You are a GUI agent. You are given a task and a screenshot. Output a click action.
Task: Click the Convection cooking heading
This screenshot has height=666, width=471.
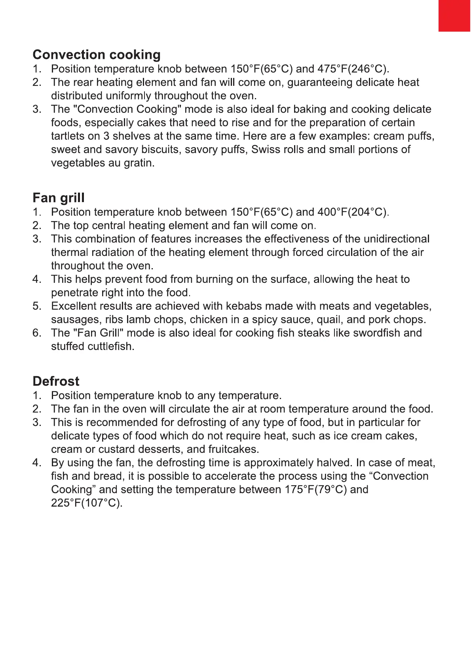[x=97, y=55]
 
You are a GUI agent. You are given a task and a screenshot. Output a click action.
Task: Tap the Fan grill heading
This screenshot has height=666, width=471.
[x=59, y=198]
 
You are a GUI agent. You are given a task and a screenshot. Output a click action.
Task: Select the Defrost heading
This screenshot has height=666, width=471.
[x=56, y=381]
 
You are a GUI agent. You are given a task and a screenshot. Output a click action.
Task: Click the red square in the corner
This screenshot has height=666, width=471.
[x=454, y=15]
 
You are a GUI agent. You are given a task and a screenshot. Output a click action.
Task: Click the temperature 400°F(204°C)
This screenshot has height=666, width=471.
[x=352, y=212]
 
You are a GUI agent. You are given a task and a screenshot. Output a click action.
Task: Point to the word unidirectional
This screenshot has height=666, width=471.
[x=396, y=239]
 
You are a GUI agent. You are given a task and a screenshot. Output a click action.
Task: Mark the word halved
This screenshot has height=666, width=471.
[x=334, y=463]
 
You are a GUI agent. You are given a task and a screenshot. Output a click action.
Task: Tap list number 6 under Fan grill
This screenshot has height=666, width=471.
[x=37, y=333]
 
